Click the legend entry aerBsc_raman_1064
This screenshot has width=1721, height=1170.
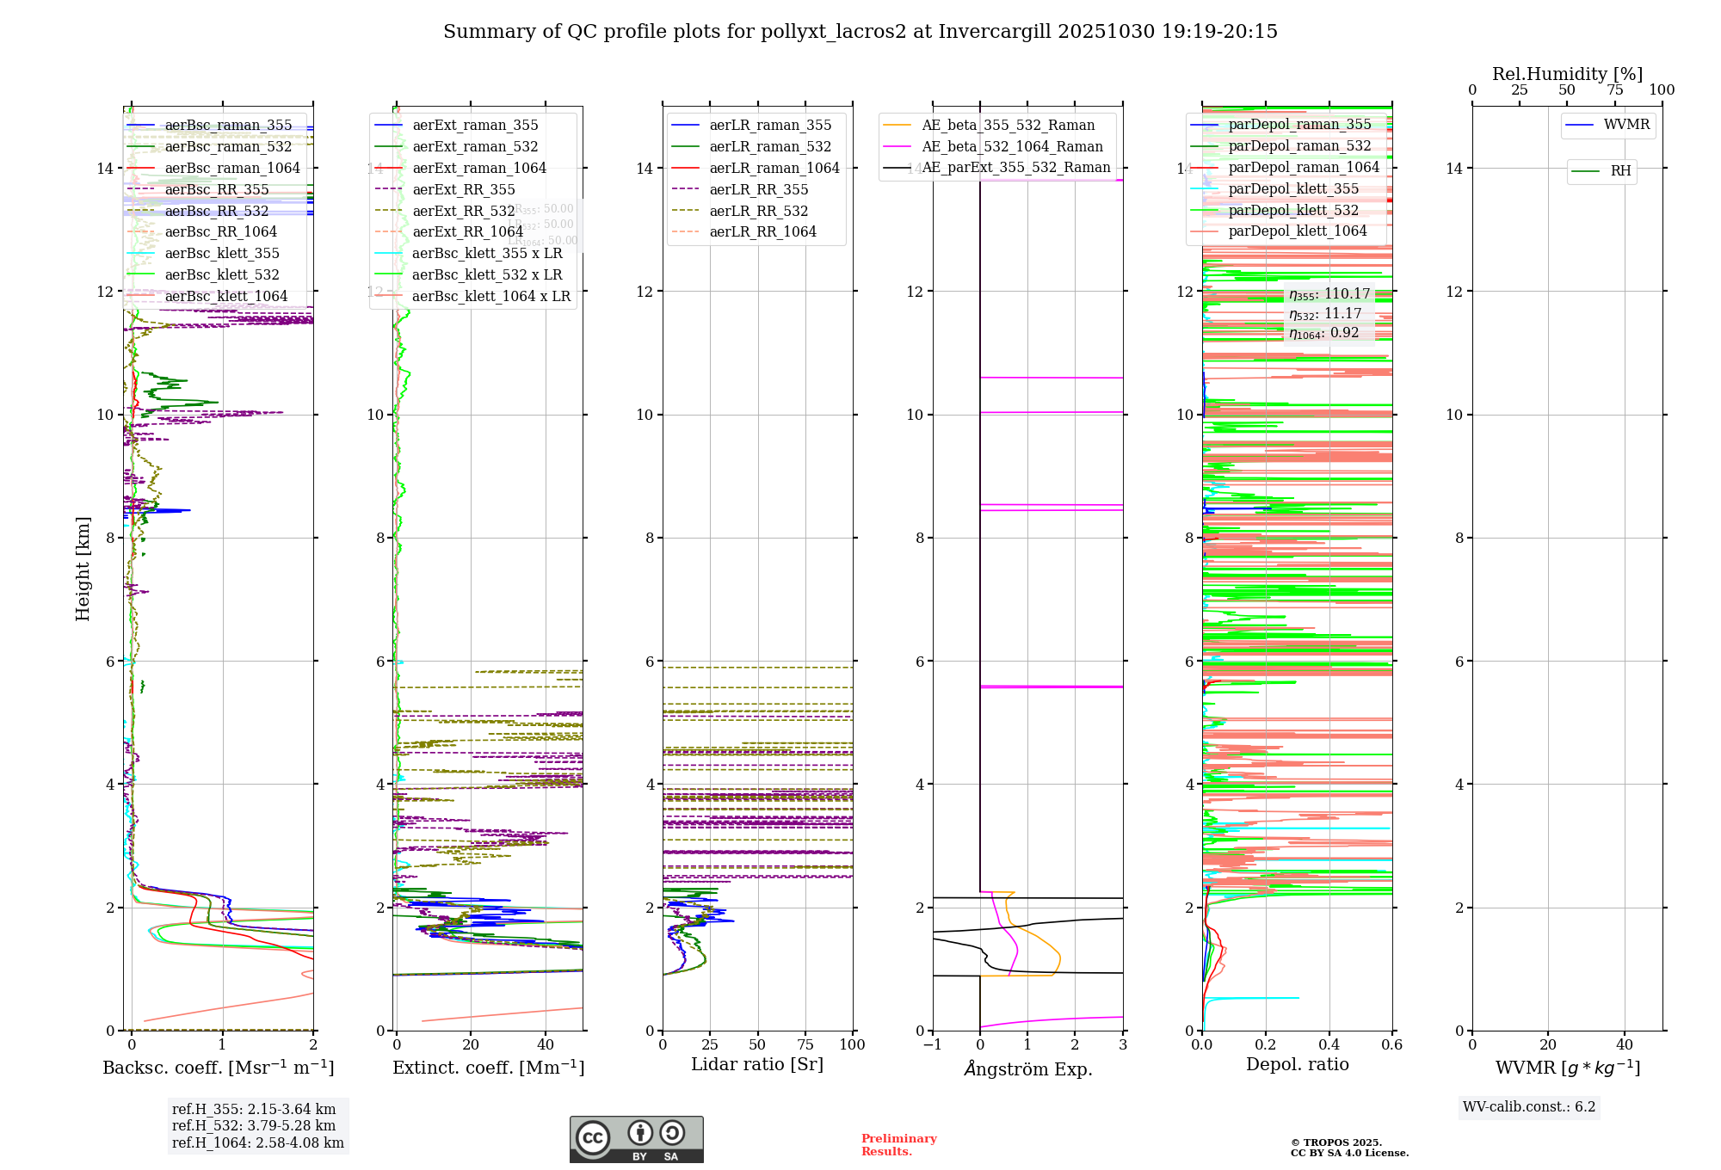[x=232, y=168]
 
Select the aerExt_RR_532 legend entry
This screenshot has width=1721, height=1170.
[x=463, y=211]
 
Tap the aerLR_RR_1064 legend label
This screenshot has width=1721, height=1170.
[x=762, y=231]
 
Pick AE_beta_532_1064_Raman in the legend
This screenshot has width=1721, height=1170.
[x=1012, y=146]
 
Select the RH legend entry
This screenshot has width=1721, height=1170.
[x=1620, y=171]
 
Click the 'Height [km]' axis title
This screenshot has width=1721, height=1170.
[x=83, y=568]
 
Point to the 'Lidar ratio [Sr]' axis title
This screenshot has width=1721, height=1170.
[x=757, y=1064]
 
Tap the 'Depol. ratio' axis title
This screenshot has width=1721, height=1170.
[x=1297, y=1064]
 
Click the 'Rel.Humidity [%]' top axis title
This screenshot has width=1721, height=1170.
[x=1567, y=74]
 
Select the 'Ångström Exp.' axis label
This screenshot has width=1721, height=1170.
[x=1027, y=1068]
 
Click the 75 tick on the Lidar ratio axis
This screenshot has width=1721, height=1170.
[x=805, y=1045]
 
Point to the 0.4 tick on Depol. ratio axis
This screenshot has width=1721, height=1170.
[x=1329, y=1045]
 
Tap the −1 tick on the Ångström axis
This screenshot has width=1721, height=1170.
[x=931, y=1045]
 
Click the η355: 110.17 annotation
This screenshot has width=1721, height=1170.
[x=1329, y=294]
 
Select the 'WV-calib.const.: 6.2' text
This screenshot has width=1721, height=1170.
[x=1529, y=1107]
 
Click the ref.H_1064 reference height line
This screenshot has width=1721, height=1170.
[x=257, y=1143]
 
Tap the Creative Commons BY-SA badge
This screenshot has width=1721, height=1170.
[x=636, y=1140]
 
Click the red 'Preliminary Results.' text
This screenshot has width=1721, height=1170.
[x=898, y=1145]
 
